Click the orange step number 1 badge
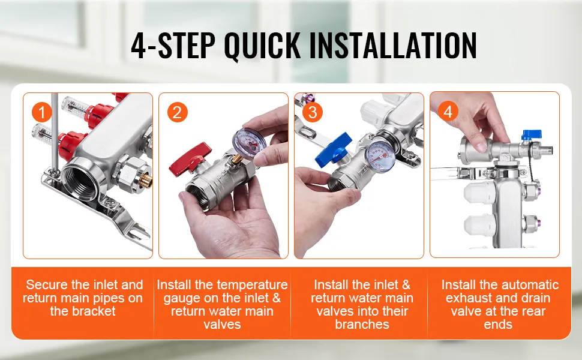point(41,112)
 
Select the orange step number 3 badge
point(313,112)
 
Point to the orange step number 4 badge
point(448,112)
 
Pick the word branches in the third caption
point(362,324)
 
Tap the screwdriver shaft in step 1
point(53,132)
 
